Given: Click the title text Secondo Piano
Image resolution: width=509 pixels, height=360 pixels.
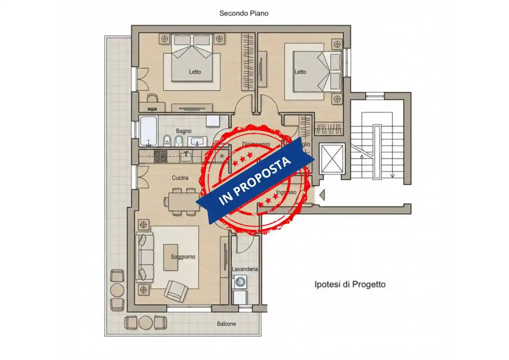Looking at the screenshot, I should pos(244,13).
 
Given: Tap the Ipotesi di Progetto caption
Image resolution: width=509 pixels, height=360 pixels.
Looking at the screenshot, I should pos(350,284).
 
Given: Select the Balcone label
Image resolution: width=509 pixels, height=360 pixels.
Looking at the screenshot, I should pos(226,324).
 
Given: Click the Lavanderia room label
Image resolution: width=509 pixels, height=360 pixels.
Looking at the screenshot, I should pos(245,269).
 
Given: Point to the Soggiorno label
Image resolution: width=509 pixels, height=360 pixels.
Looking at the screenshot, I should pos(183,257).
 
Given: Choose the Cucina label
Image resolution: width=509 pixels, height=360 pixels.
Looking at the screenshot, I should pos(180,178).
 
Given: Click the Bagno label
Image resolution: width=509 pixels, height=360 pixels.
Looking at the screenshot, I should pos(183,131).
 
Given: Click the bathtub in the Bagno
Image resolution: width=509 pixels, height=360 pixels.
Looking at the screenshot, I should pos(148,131).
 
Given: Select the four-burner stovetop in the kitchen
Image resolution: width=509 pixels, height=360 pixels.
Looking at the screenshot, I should pos(160,157).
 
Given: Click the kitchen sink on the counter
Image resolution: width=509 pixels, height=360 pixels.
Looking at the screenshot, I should pos(186,156).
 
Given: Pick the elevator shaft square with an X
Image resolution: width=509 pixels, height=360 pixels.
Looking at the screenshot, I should pos(331,158).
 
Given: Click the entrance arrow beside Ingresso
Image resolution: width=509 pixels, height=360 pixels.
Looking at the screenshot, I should pos(322,195).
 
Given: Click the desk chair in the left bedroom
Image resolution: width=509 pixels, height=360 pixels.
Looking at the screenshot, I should pos(153,99).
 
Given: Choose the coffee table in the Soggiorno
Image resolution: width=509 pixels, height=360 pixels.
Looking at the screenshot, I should pos(170,257).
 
